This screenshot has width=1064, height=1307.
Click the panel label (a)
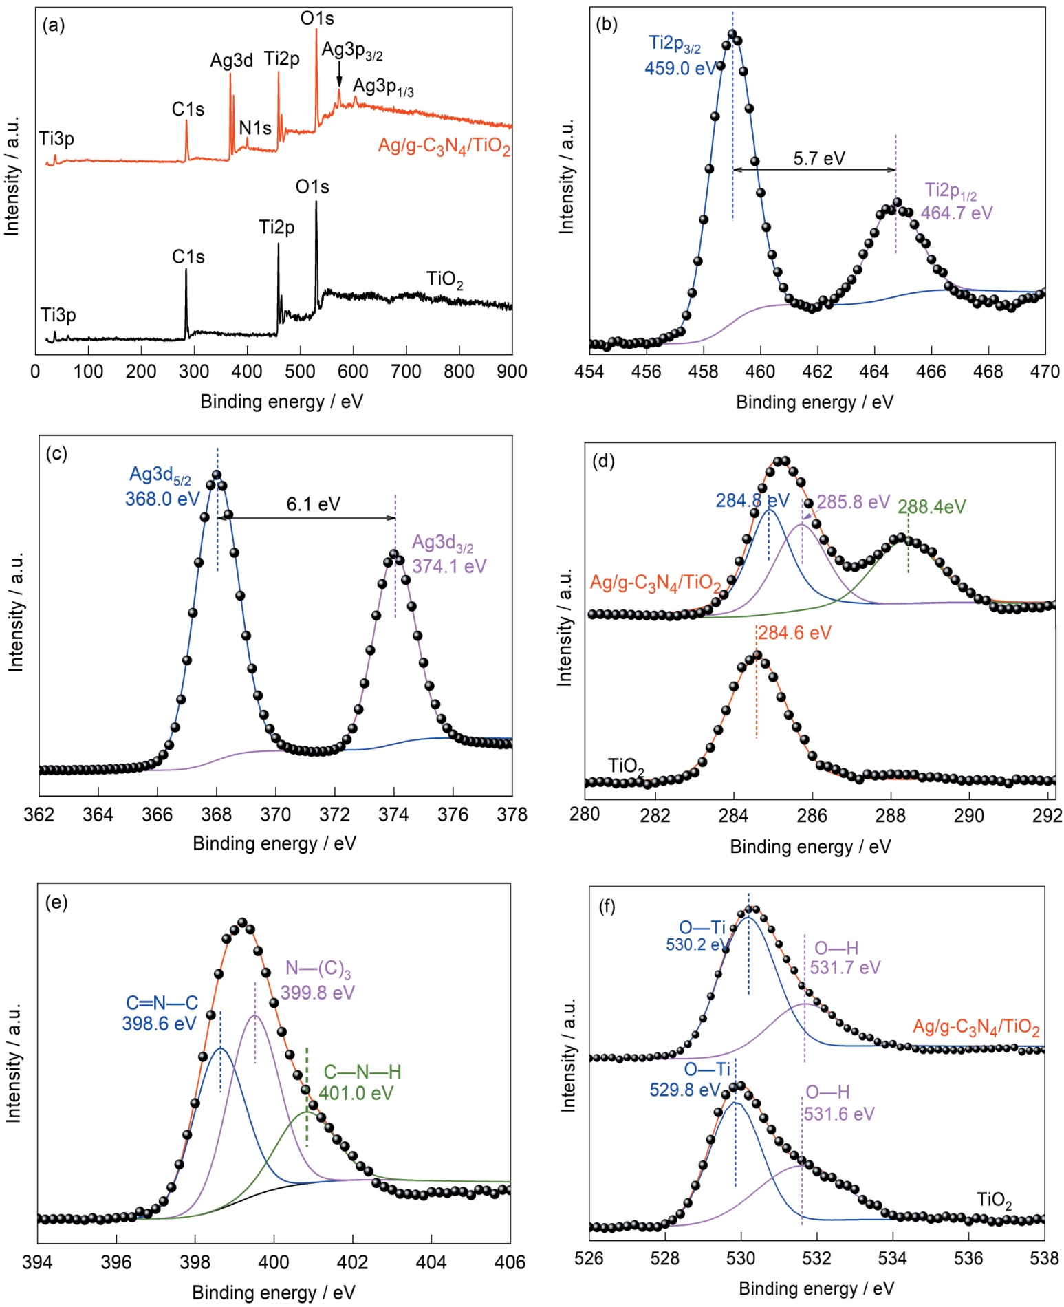coord(53,26)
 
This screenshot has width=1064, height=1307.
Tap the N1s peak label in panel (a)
coord(254,128)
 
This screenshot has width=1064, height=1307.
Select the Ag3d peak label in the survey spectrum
coord(231,61)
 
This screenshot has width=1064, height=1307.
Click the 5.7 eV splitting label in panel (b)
coord(818,159)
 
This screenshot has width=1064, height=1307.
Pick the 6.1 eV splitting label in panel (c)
coord(313,504)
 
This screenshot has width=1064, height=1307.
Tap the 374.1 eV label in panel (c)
coord(449,566)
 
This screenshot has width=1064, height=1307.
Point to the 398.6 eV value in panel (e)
coord(160,1024)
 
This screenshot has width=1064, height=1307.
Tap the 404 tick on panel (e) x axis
coord(431,1262)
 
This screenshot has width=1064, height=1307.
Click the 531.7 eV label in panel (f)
coord(845,968)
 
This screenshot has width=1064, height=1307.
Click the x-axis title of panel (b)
coord(814,402)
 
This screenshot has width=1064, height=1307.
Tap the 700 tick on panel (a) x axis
coord(406,371)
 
